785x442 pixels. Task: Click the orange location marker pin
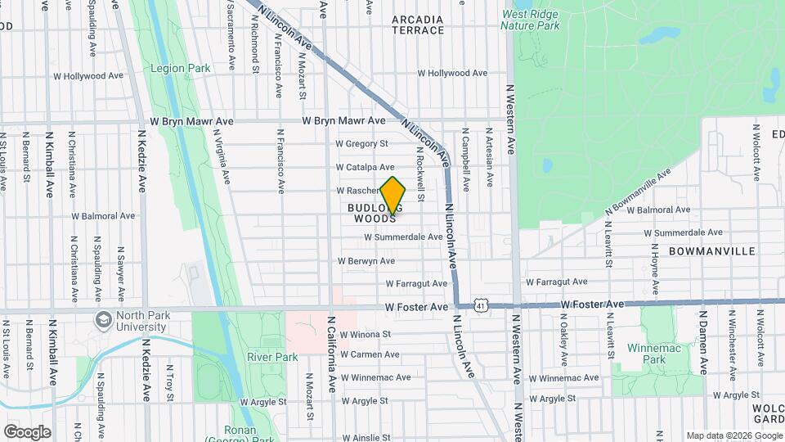393,196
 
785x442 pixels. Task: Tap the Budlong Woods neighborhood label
375,214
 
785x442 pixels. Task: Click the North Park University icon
104,318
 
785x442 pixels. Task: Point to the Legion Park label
181,69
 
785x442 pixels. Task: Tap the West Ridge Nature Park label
531,20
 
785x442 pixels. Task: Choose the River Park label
271,357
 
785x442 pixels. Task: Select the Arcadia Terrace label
418,25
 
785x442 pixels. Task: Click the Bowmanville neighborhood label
711,251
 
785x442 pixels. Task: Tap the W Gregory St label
361,144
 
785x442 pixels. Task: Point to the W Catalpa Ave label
366,167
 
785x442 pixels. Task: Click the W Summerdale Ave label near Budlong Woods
403,237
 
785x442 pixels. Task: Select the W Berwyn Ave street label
366,262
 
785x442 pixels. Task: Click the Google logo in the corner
27,432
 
